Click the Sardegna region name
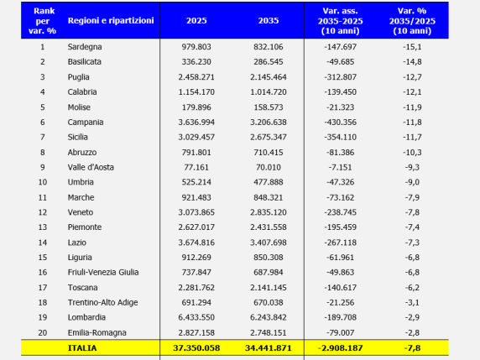[85, 47]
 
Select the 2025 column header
[196, 20]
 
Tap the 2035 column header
[269, 20]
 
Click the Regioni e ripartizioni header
[111, 20]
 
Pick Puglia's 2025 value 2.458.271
[196, 77]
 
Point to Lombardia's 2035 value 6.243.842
[269, 317]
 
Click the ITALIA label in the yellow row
[82, 348]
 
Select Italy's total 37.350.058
[196, 348]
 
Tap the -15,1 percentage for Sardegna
[412, 47]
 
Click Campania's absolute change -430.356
[341, 123]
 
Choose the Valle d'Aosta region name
[91, 167]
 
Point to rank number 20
[43, 332]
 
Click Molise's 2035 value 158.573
[269, 107]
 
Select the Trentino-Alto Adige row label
[103, 302]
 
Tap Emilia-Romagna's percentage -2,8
[412, 332]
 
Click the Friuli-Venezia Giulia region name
[103, 272]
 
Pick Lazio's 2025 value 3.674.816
[196, 243]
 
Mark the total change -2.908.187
[341, 348]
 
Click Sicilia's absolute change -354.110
[341, 137]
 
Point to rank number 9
[43, 167]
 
